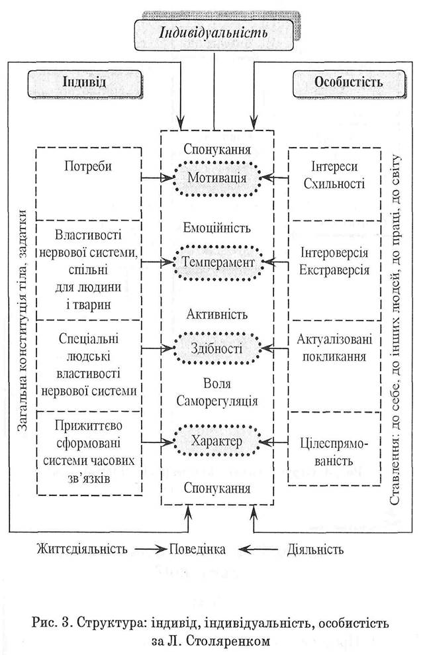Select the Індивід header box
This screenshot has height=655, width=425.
85,82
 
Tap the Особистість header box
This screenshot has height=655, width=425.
349,82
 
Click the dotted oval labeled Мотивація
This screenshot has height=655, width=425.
216,178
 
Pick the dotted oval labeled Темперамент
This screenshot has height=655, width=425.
217,263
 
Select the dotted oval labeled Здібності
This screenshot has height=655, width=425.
216,348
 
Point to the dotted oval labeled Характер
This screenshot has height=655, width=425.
216,441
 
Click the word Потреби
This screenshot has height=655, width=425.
88,167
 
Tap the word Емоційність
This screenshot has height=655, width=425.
217,228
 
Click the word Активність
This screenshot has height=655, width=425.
217,314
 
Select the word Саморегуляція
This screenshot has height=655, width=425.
217,401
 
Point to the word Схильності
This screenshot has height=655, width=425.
334,183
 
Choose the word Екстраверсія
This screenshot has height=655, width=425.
334,270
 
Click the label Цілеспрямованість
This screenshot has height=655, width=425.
334,452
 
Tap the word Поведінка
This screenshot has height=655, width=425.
197,549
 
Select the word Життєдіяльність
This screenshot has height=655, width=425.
82,548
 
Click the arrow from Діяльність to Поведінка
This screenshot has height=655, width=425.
258,549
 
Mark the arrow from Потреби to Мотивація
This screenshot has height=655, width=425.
158,178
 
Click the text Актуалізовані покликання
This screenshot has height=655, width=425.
334,348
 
